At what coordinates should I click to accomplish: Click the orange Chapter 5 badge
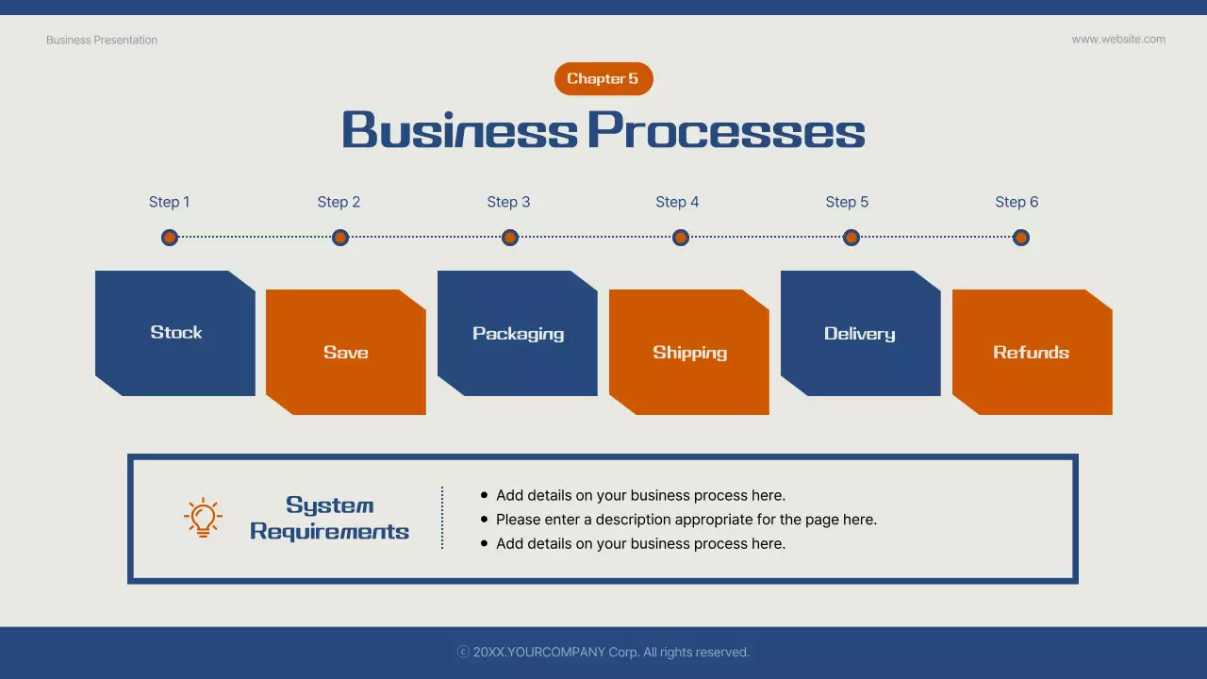click(x=603, y=79)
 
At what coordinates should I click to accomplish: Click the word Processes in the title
click(x=725, y=130)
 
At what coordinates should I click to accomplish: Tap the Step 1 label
click(x=170, y=202)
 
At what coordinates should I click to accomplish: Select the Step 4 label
click(x=677, y=202)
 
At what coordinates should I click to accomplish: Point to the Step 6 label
click(x=1017, y=202)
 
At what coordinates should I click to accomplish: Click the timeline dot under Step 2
click(x=340, y=238)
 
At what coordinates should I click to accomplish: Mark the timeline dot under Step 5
click(x=851, y=238)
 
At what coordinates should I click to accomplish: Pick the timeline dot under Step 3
click(x=510, y=238)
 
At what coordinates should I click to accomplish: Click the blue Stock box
click(x=175, y=333)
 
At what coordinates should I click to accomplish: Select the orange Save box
click(x=346, y=352)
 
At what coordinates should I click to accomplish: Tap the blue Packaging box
click(x=518, y=333)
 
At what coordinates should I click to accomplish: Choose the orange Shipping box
click(x=689, y=352)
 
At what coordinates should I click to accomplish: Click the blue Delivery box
click(x=860, y=333)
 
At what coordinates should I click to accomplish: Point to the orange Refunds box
click(x=1032, y=352)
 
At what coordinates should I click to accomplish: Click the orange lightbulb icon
click(x=203, y=518)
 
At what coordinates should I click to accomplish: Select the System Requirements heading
click(x=329, y=519)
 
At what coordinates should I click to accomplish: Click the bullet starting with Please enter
click(x=686, y=520)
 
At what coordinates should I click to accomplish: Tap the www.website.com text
click(x=1118, y=40)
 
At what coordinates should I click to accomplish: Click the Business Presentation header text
click(x=102, y=41)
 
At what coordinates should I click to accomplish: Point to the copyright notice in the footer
click(x=603, y=652)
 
